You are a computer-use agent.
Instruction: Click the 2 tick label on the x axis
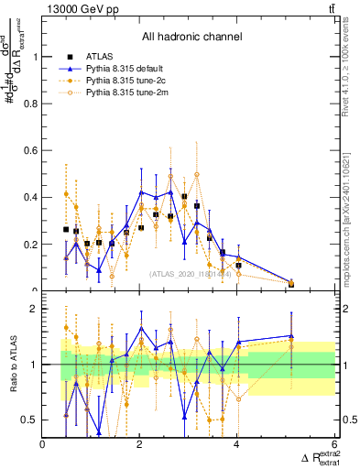pos(140,445)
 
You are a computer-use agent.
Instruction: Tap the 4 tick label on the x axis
pos(237,445)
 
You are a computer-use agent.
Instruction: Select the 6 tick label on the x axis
pos(334,445)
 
